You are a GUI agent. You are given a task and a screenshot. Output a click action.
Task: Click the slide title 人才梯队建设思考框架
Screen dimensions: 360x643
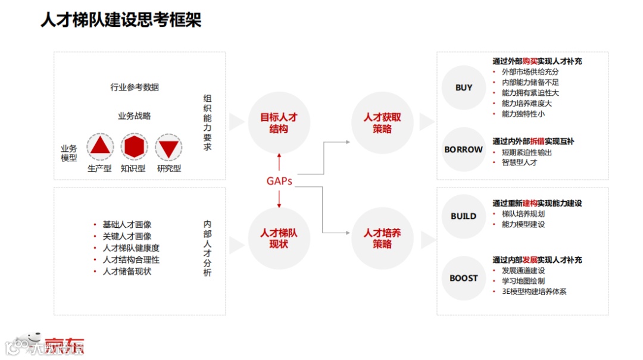121,20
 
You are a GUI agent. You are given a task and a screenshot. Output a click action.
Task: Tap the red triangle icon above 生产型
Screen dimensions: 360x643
100,146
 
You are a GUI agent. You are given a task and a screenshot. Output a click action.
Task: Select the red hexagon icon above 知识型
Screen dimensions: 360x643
134,146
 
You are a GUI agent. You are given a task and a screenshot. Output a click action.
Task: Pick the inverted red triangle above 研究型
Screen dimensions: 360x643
168,147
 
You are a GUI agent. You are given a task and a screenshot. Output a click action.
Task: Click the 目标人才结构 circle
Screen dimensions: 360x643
279,123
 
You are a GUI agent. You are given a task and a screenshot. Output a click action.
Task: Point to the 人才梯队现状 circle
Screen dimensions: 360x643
279,238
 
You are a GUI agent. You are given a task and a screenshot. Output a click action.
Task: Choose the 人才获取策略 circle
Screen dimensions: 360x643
382,123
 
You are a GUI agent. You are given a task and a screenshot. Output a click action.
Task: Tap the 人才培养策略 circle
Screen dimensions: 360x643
382,238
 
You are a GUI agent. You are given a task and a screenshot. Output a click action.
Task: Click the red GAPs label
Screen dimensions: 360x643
279,181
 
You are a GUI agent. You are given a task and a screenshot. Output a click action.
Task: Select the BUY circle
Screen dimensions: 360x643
464,88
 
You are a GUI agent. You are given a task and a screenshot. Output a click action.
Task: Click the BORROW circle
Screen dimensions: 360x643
464,150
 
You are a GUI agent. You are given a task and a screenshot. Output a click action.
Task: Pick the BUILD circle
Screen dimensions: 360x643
464,217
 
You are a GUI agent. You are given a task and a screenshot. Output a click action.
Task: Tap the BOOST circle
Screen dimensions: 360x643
464,278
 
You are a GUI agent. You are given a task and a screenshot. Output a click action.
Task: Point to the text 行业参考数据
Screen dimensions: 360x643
135,87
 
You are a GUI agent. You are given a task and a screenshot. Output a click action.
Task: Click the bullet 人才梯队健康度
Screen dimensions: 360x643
131,248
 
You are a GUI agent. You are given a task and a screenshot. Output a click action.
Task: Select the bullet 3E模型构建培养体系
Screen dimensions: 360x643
534,292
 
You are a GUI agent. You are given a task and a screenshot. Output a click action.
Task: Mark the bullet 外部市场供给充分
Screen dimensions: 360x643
530,72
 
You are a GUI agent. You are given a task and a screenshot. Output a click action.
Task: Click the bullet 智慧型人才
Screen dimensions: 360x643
519,162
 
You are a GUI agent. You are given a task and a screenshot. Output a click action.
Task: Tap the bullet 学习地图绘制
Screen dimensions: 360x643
523,281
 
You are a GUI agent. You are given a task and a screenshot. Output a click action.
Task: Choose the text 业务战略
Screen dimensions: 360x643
135,116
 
